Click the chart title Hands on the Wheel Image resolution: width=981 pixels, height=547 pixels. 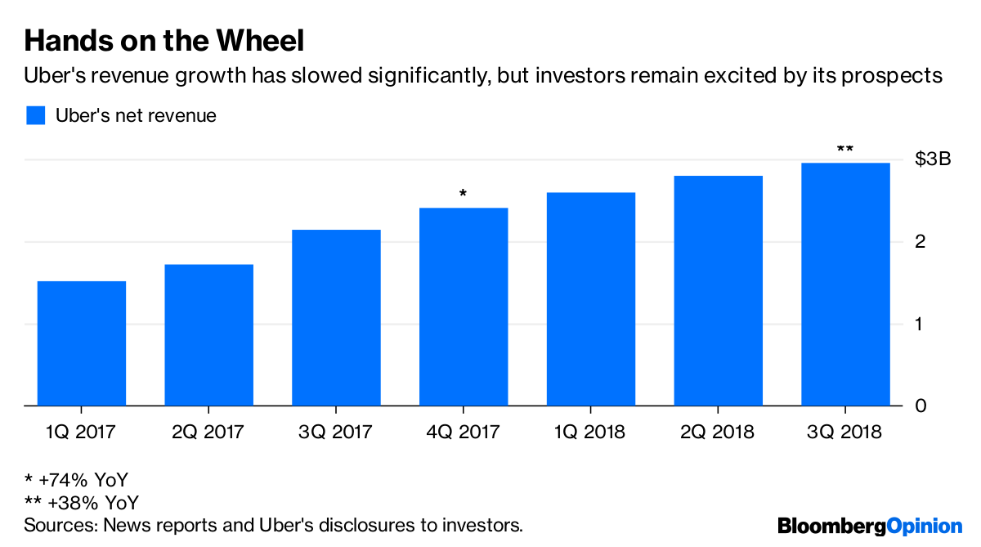(x=164, y=40)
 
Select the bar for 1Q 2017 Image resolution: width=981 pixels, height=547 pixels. (x=82, y=343)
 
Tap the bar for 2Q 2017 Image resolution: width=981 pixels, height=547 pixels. (x=209, y=335)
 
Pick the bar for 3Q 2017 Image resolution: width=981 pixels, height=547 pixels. (x=336, y=318)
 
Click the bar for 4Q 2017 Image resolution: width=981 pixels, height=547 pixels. (x=464, y=307)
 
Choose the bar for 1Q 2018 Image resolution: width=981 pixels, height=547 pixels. (x=591, y=299)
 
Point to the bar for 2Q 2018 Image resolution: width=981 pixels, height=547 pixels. (x=719, y=291)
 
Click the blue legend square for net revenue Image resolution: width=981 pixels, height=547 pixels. (x=35, y=115)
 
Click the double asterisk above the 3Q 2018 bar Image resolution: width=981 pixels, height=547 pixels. (x=845, y=150)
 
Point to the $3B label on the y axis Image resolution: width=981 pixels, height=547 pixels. (x=933, y=159)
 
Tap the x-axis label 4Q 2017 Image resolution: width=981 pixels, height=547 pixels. (x=464, y=432)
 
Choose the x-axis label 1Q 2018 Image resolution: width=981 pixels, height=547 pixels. (x=591, y=432)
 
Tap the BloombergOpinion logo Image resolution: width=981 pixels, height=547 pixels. (x=870, y=526)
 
